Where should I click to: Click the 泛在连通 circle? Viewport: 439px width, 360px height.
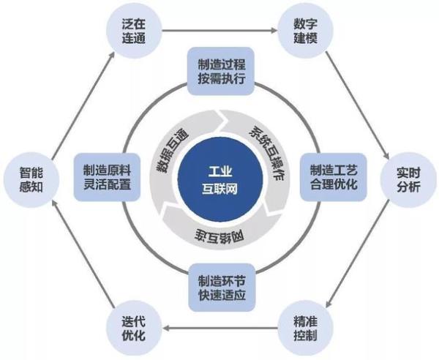click(x=134, y=31)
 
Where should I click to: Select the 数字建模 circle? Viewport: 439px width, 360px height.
click(x=305, y=31)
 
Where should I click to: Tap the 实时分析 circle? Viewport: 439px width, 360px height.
click(x=408, y=180)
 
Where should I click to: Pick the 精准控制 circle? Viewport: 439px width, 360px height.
click(x=305, y=328)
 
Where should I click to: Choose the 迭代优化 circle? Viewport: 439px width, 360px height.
click(x=134, y=328)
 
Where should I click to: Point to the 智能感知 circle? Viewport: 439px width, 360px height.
click(x=31, y=180)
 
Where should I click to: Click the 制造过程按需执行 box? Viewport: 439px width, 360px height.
click(x=221, y=71)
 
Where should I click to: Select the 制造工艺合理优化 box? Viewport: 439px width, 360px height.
click(x=334, y=177)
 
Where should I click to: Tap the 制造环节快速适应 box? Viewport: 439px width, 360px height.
click(x=222, y=288)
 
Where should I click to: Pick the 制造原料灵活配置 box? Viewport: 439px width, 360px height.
click(x=107, y=177)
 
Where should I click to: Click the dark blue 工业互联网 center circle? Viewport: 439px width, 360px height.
click(x=220, y=180)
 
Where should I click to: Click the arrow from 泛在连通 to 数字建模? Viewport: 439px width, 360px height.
click(x=219, y=31)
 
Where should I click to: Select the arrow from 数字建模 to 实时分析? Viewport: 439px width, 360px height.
click(x=358, y=105)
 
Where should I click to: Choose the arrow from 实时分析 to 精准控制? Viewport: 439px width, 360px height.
click(x=358, y=254)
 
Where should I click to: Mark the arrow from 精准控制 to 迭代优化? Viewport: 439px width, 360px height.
click(x=220, y=328)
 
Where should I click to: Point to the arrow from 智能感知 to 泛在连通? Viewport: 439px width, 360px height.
click(x=83, y=106)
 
